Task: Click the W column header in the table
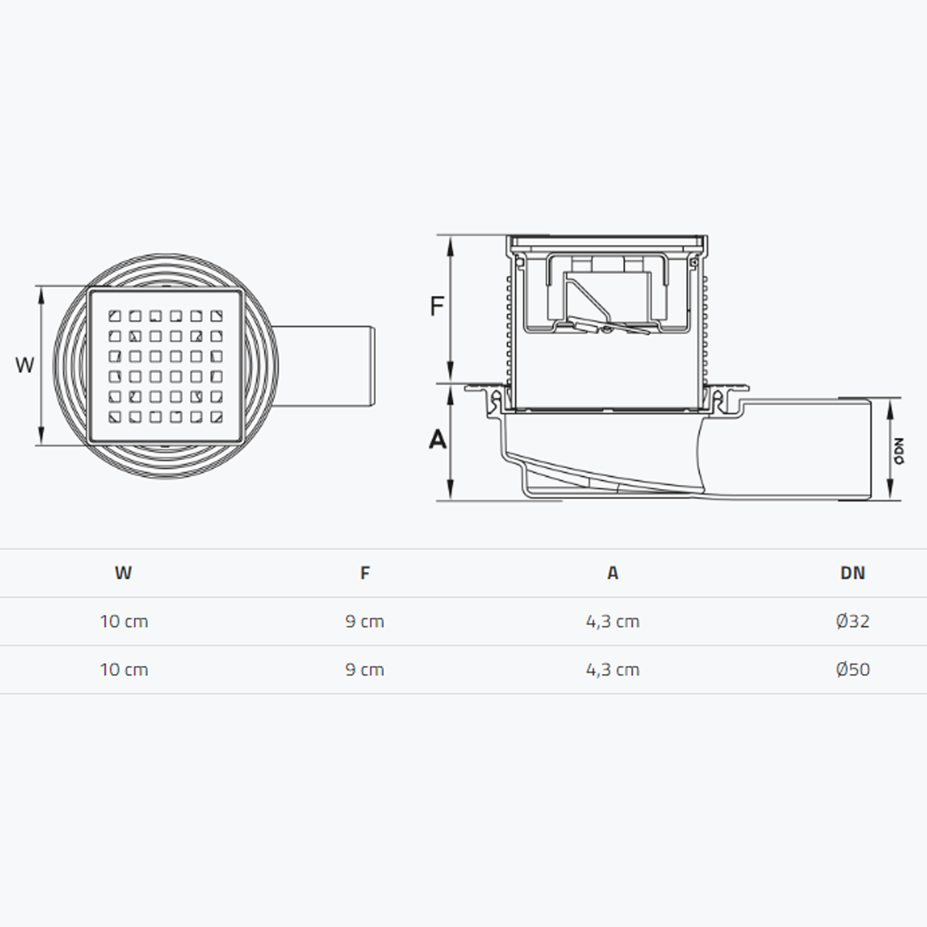tap(123, 573)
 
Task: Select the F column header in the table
tap(365, 573)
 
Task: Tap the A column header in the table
tap(613, 573)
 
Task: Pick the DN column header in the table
tap(853, 573)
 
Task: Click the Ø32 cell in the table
tap(853, 621)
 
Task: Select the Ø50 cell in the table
tap(853, 669)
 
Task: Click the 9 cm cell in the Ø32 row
tap(365, 621)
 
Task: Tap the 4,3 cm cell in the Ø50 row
tap(613, 669)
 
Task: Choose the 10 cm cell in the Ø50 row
tap(124, 669)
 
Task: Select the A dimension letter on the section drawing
tap(437, 439)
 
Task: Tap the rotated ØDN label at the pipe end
tap(899, 451)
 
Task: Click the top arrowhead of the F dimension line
tap(450, 245)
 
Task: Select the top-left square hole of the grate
tap(115, 316)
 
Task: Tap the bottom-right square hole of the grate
tap(216, 417)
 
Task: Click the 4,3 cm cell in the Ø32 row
tap(613, 621)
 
